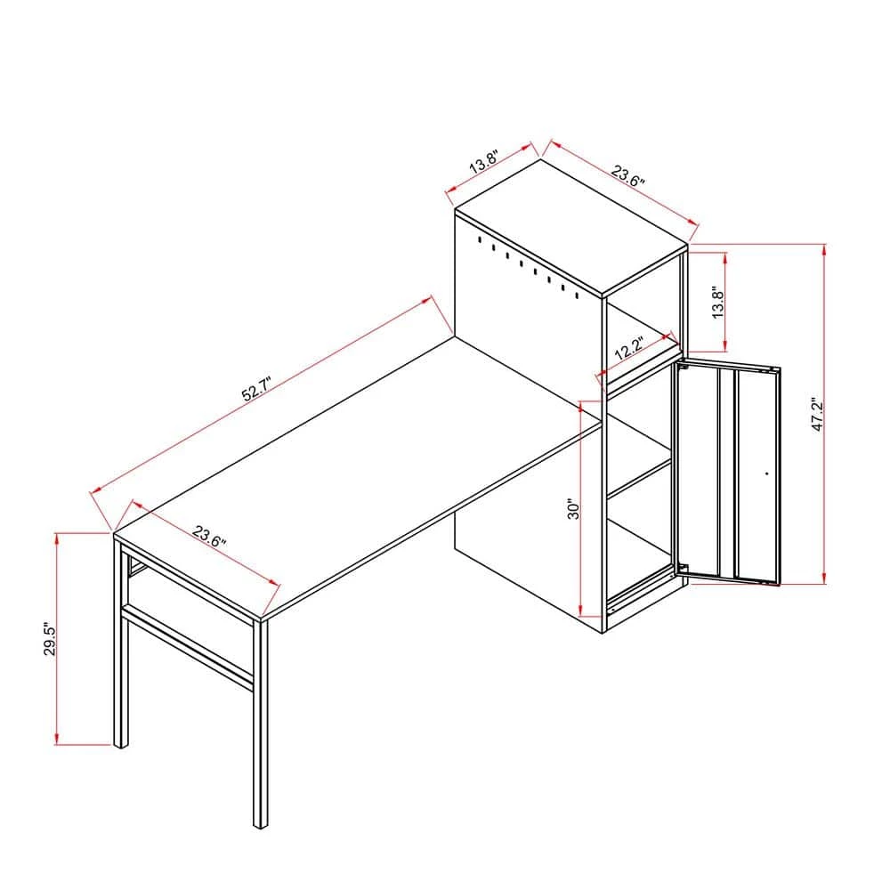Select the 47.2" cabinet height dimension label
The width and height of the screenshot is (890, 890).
818,415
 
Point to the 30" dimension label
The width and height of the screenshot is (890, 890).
575,509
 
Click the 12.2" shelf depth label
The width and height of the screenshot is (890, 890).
629,348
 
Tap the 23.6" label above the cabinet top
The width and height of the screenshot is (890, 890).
627,174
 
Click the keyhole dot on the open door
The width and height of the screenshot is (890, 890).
766,474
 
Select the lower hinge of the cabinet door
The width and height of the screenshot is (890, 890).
682,568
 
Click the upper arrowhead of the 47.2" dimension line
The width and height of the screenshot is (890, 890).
823,250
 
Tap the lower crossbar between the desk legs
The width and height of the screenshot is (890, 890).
187,645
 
